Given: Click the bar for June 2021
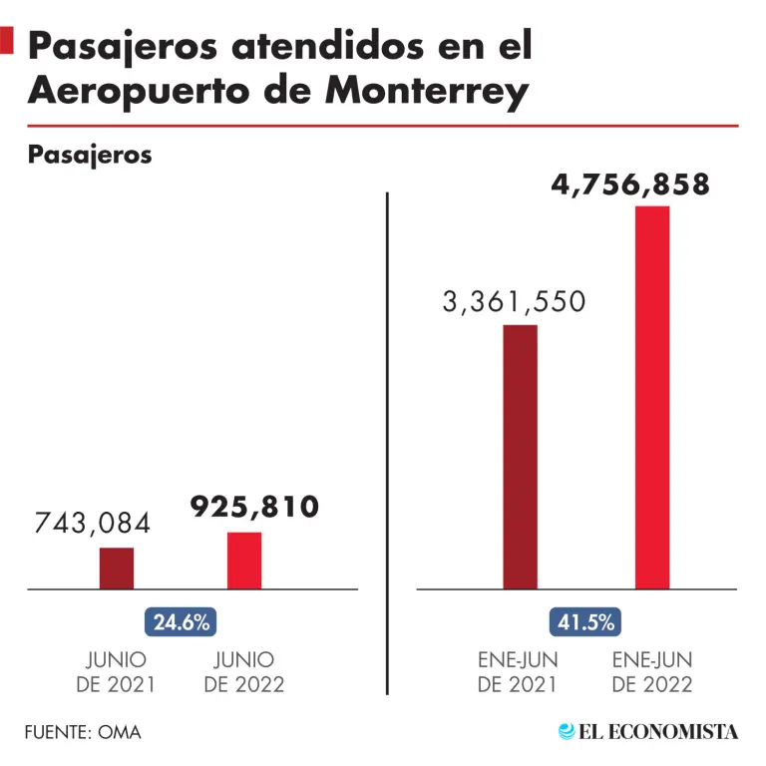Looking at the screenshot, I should (116, 568).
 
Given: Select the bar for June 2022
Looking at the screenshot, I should (244, 560).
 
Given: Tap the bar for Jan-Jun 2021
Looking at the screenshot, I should (520, 456).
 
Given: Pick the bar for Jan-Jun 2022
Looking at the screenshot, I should (652, 397).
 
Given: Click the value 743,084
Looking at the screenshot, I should (93, 524).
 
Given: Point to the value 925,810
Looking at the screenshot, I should (255, 507).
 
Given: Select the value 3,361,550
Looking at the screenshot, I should (514, 302).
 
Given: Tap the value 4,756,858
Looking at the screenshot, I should (630, 185).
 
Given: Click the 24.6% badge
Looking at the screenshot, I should (181, 623).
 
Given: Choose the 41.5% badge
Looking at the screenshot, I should (584, 622).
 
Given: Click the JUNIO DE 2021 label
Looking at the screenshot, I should (116, 672).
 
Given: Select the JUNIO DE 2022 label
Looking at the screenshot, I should (244, 672).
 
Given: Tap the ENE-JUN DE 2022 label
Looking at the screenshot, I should (651, 672).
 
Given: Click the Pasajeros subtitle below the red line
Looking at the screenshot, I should (90, 155).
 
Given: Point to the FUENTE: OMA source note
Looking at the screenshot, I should (83, 732).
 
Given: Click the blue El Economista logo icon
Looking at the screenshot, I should (567, 731).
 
